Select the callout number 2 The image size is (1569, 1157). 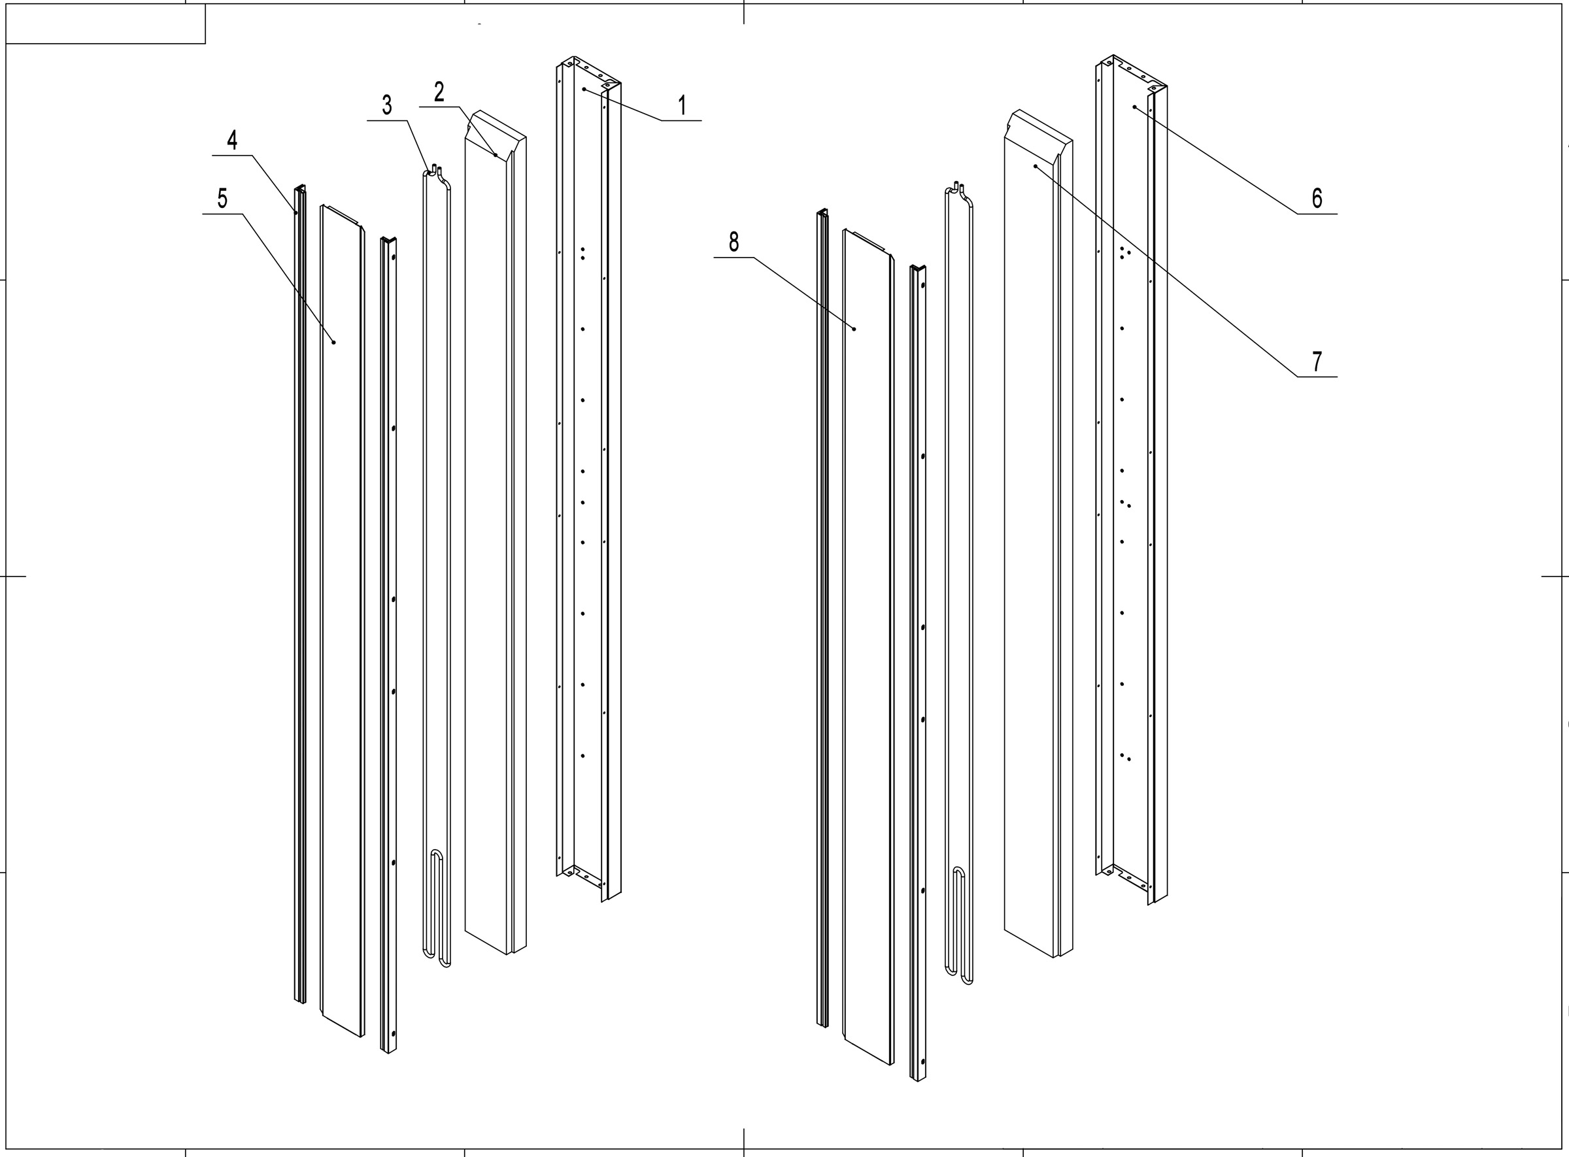pyautogui.click(x=439, y=92)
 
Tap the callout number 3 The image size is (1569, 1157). pyautogui.click(x=386, y=105)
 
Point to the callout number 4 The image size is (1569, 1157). pyautogui.click(x=232, y=140)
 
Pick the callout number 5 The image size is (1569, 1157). pyautogui.click(x=222, y=198)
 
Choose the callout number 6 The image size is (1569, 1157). pyautogui.click(x=1317, y=198)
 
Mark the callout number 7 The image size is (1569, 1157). pyautogui.click(x=1317, y=361)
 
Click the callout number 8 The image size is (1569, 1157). pyautogui.click(x=734, y=242)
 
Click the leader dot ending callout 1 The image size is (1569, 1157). pyautogui.click(x=583, y=90)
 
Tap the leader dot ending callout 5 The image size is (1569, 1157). pyautogui.click(x=334, y=342)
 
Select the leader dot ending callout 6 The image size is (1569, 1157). pyautogui.click(x=1134, y=107)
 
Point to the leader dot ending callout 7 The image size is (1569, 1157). pyautogui.click(x=1034, y=166)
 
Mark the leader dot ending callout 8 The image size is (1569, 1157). pyautogui.click(x=854, y=327)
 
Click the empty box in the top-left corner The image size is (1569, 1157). pyautogui.click(x=105, y=24)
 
